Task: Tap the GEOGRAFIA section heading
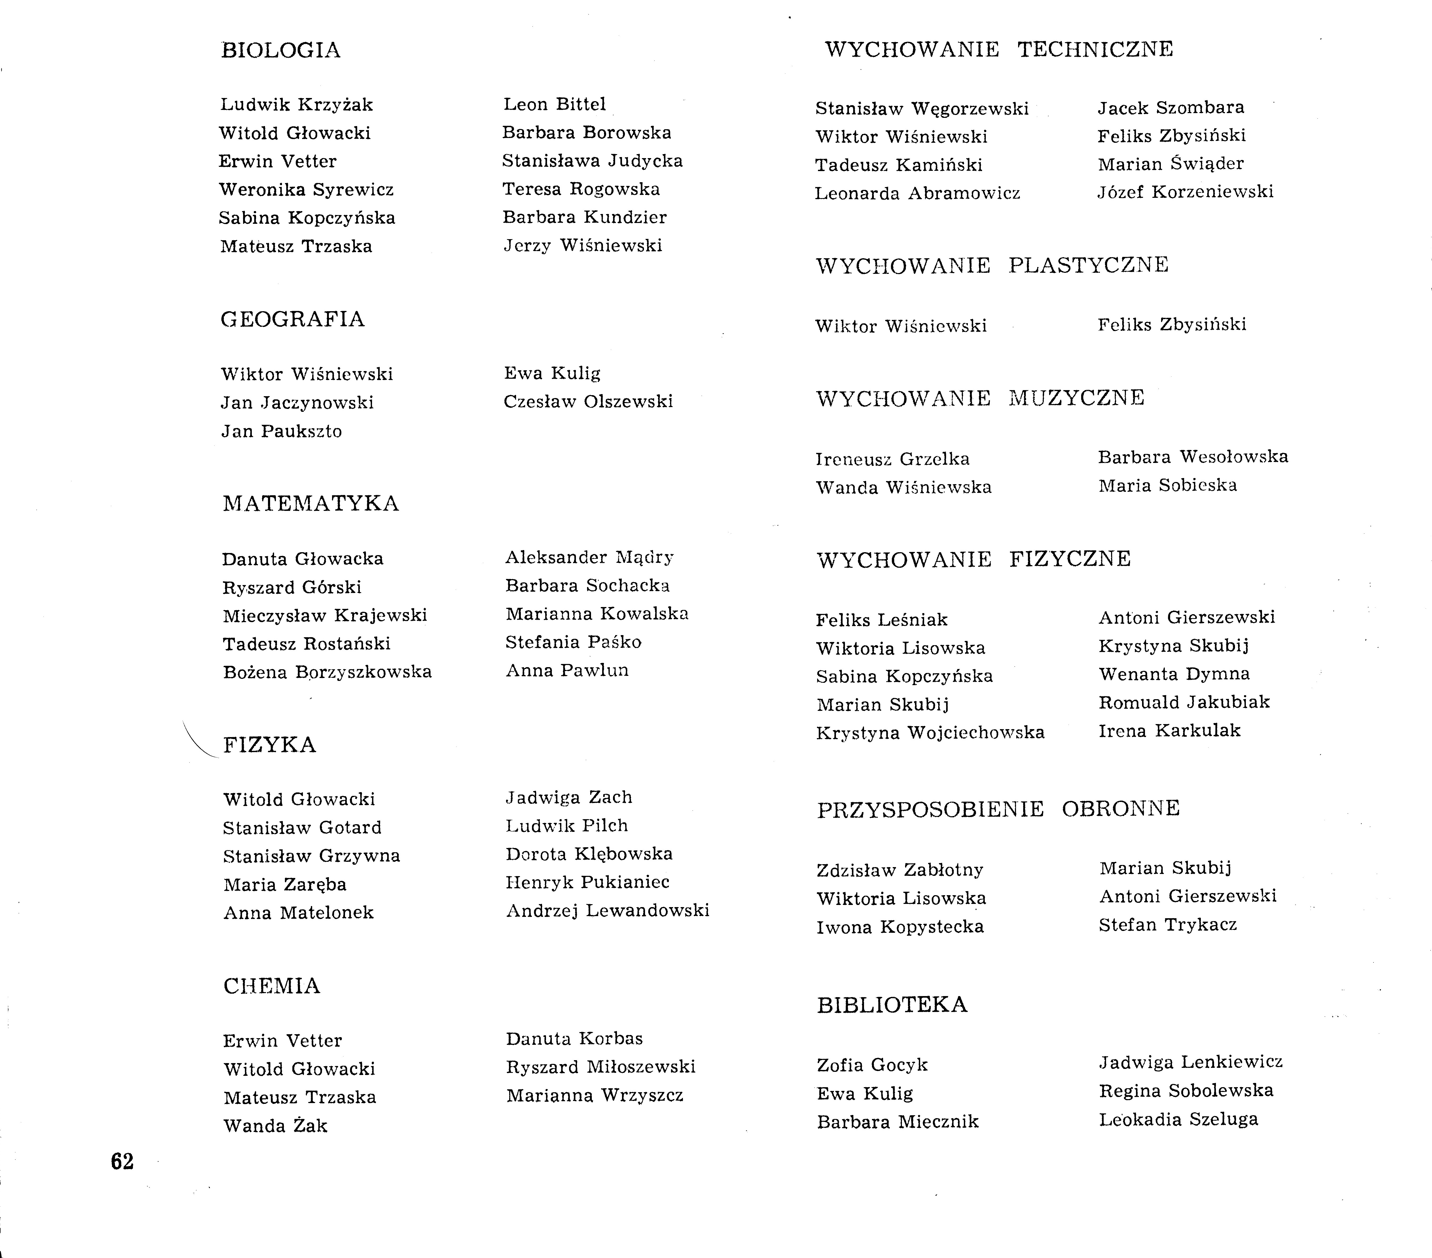(x=292, y=320)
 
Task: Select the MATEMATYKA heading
(x=310, y=504)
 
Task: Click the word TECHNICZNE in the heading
(x=1095, y=50)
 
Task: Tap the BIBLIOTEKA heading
(x=892, y=1005)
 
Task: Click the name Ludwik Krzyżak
(x=296, y=105)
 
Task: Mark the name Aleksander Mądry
(x=589, y=558)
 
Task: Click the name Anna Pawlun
(x=567, y=671)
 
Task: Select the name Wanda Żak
(x=275, y=1126)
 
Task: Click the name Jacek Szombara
(x=1171, y=108)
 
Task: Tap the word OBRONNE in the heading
(x=1120, y=809)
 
